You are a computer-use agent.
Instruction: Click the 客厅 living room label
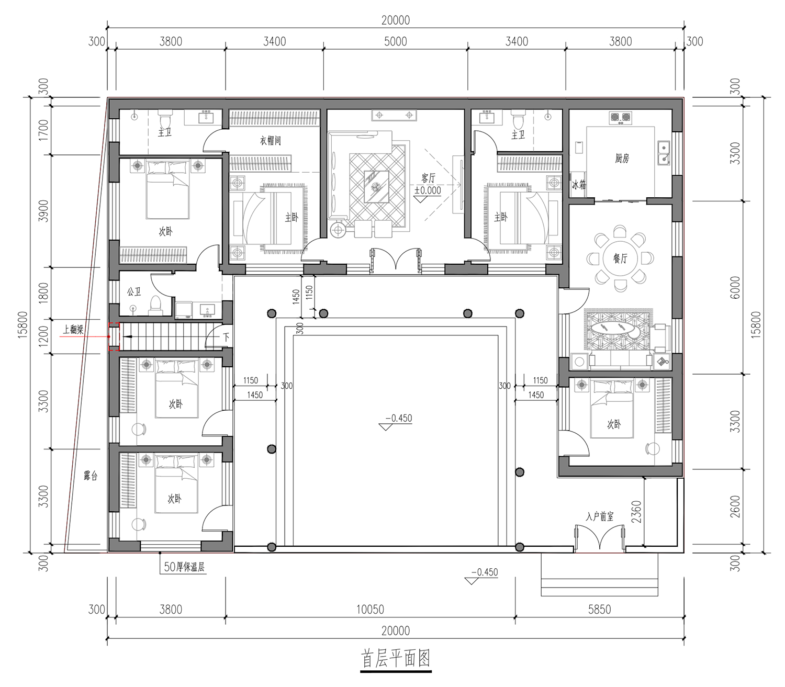(x=428, y=178)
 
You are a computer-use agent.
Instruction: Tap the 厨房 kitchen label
(x=622, y=158)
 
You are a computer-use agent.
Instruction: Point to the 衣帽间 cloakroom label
(x=271, y=140)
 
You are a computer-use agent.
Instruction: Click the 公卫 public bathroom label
(x=134, y=291)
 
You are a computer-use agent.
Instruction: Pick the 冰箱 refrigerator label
(x=579, y=185)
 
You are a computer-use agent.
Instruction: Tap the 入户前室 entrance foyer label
(x=600, y=516)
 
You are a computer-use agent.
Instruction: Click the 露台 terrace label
(x=91, y=476)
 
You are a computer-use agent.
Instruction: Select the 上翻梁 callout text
(x=73, y=329)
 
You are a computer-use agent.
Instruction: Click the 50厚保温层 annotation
(x=184, y=567)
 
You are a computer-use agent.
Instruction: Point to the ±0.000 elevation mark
(x=428, y=190)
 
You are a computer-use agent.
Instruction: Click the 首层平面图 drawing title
(x=396, y=658)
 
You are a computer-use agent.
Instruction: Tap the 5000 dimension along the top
(x=396, y=41)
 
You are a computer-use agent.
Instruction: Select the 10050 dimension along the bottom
(x=370, y=609)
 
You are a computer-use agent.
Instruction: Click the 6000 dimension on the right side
(x=735, y=288)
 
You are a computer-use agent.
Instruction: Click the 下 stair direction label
(x=227, y=337)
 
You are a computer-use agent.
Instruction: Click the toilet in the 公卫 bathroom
(x=155, y=306)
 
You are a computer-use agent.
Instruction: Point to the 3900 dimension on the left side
(x=44, y=210)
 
